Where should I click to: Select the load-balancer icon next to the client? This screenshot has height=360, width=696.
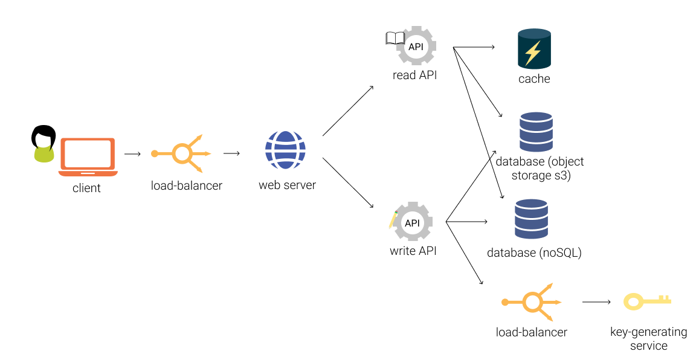pyautogui.click(x=181, y=154)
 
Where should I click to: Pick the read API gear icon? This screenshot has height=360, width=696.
pyautogui.click(x=416, y=46)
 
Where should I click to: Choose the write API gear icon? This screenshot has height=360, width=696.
pyautogui.click(x=413, y=222)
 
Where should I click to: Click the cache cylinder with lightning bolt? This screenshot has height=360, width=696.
pyautogui.click(x=534, y=49)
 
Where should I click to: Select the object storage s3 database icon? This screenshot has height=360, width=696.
pyautogui.click(x=536, y=132)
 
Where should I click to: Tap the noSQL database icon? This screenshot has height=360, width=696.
pyautogui.click(x=531, y=219)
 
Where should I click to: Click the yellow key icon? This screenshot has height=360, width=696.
pyautogui.click(x=647, y=301)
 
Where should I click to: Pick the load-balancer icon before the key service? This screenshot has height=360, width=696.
pyautogui.click(x=532, y=301)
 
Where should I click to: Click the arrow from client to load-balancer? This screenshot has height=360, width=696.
pyautogui.click(x=132, y=154)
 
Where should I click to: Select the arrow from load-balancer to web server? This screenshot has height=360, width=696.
pyautogui.click(x=231, y=153)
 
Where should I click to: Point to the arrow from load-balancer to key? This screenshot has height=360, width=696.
pyautogui.click(x=596, y=301)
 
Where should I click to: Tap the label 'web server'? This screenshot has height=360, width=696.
pyautogui.click(x=287, y=185)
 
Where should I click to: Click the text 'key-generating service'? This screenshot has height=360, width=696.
pyautogui.click(x=648, y=339)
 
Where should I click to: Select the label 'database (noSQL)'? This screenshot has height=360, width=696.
pyautogui.click(x=534, y=252)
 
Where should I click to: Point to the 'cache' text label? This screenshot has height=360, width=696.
pyautogui.click(x=534, y=79)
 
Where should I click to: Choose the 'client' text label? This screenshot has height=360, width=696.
pyautogui.click(x=86, y=188)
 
